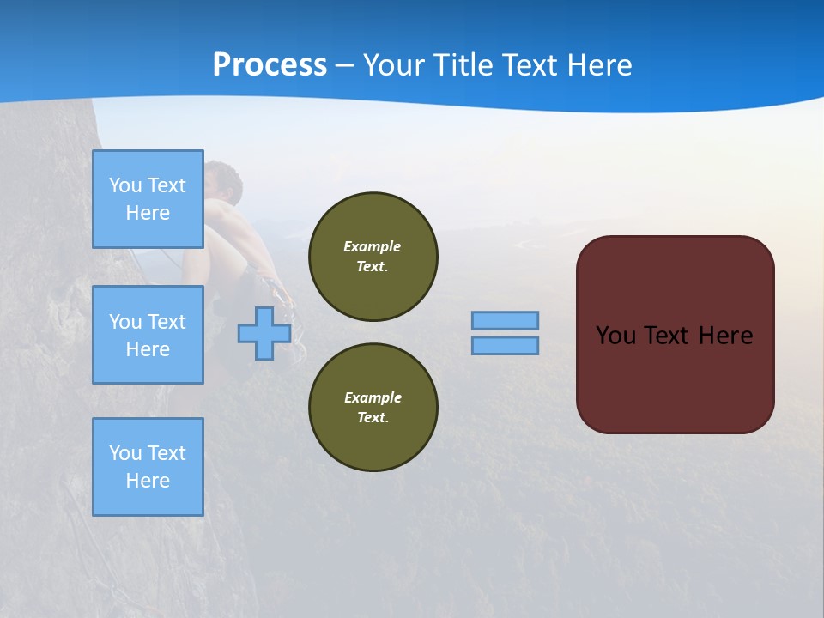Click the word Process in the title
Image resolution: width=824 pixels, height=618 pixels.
pyautogui.click(x=270, y=64)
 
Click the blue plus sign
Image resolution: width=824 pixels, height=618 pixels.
pyautogui.click(x=264, y=333)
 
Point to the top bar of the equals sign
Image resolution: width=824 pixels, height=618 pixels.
pyautogui.click(x=505, y=320)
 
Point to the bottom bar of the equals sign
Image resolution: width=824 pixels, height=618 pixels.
pyautogui.click(x=505, y=345)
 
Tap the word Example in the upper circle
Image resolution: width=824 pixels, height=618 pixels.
pyautogui.click(x=372, y=246)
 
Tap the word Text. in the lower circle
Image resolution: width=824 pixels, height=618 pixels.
pyautogui.click(x=373, y=417)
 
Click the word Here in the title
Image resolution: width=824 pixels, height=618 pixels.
pyautogui.click(x=597, y=65)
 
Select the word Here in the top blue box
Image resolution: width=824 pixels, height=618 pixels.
pyautogui.click(x=148, y=213)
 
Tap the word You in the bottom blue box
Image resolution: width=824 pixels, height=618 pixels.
pyautogui.click(x=125, y=453)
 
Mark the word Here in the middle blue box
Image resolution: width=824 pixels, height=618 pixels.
pyautogui.click(x=148, y=349)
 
